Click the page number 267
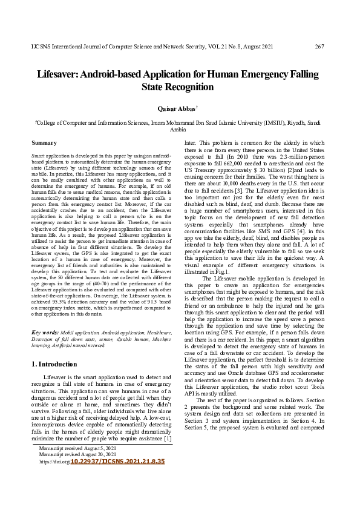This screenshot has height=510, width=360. (x=320, y=47)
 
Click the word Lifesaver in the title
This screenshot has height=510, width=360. (x=60, y=75)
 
